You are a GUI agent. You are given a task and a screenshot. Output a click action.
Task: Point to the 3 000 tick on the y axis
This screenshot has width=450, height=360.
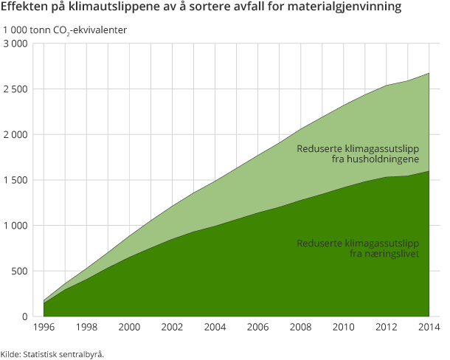[x=15, y=44]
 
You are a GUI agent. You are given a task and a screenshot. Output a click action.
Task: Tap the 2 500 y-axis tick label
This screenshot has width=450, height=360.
[x=15, y=89]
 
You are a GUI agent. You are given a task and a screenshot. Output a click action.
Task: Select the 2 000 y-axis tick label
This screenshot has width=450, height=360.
[x=15, y=135]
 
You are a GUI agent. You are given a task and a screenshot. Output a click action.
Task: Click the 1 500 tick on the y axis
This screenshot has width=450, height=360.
[x=15, y=180]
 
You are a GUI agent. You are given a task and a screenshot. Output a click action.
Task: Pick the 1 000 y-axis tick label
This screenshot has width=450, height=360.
[x=15, y=226]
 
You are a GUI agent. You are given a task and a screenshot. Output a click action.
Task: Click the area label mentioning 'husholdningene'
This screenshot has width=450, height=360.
[x=358, y=154]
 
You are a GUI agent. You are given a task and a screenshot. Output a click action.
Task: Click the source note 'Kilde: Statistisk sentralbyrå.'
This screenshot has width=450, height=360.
[x=52, y=353]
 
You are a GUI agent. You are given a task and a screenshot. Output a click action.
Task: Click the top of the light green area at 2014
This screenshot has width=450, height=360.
[x=429, y=73]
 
